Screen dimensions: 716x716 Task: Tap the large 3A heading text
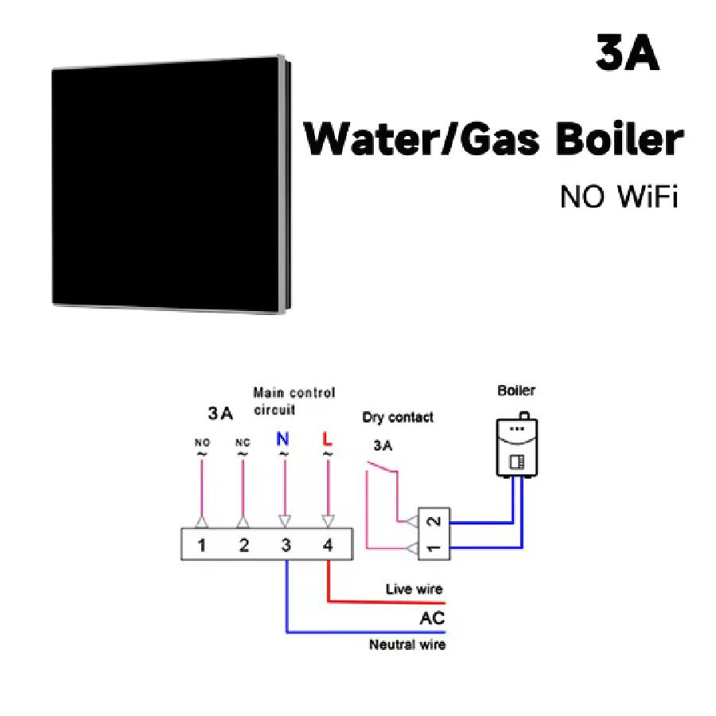627,53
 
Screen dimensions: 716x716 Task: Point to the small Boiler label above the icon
516,391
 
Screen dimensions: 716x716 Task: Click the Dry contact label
398,417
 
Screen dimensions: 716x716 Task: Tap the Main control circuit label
294,401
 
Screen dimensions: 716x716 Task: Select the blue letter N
284,438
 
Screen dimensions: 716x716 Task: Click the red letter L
327,438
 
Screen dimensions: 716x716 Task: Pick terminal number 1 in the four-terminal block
202,546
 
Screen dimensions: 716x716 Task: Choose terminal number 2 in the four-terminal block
243,546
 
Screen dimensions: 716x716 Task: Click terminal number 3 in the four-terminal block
286,546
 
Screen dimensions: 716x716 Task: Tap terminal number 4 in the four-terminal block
328,546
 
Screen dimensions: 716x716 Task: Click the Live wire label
414,590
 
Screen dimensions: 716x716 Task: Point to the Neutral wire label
407,644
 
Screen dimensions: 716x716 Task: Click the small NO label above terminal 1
202,442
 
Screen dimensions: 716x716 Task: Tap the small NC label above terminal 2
243,442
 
